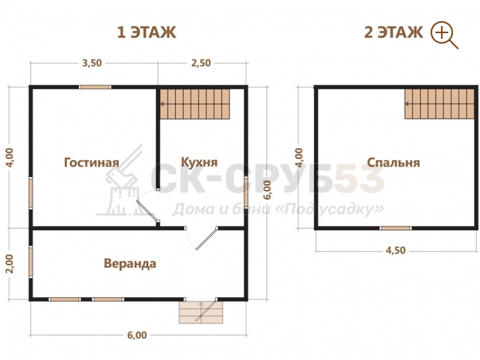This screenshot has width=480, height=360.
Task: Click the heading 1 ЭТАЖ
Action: [147, 32]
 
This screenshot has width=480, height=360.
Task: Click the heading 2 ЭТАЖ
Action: [394, 32]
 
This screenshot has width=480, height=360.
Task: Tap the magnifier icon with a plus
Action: [444, 35]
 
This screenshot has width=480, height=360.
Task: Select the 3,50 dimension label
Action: [92, 63]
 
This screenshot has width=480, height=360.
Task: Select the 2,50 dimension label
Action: [200, 63]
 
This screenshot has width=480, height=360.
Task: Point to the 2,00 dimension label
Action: [10, 263]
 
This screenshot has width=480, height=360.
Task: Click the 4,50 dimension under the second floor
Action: [395, 251]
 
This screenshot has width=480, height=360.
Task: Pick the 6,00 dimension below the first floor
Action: [137, 335]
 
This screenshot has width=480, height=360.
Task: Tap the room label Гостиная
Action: [92, 162]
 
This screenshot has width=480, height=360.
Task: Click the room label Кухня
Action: [199, 162]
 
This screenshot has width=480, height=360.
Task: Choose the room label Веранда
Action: [130, 263]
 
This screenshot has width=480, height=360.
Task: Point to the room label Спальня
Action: [393, 162]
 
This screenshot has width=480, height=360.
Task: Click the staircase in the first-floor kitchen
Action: [195, 104]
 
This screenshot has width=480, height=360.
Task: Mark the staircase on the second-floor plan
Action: [440, 104]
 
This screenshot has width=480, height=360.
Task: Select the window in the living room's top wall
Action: [95, 87]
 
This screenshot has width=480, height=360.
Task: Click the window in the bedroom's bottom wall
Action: [396, 228]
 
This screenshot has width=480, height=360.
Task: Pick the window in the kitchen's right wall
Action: [246, 192]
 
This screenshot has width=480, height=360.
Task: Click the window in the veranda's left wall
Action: [31, 262]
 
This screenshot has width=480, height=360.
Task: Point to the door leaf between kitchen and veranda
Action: [207, 239]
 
